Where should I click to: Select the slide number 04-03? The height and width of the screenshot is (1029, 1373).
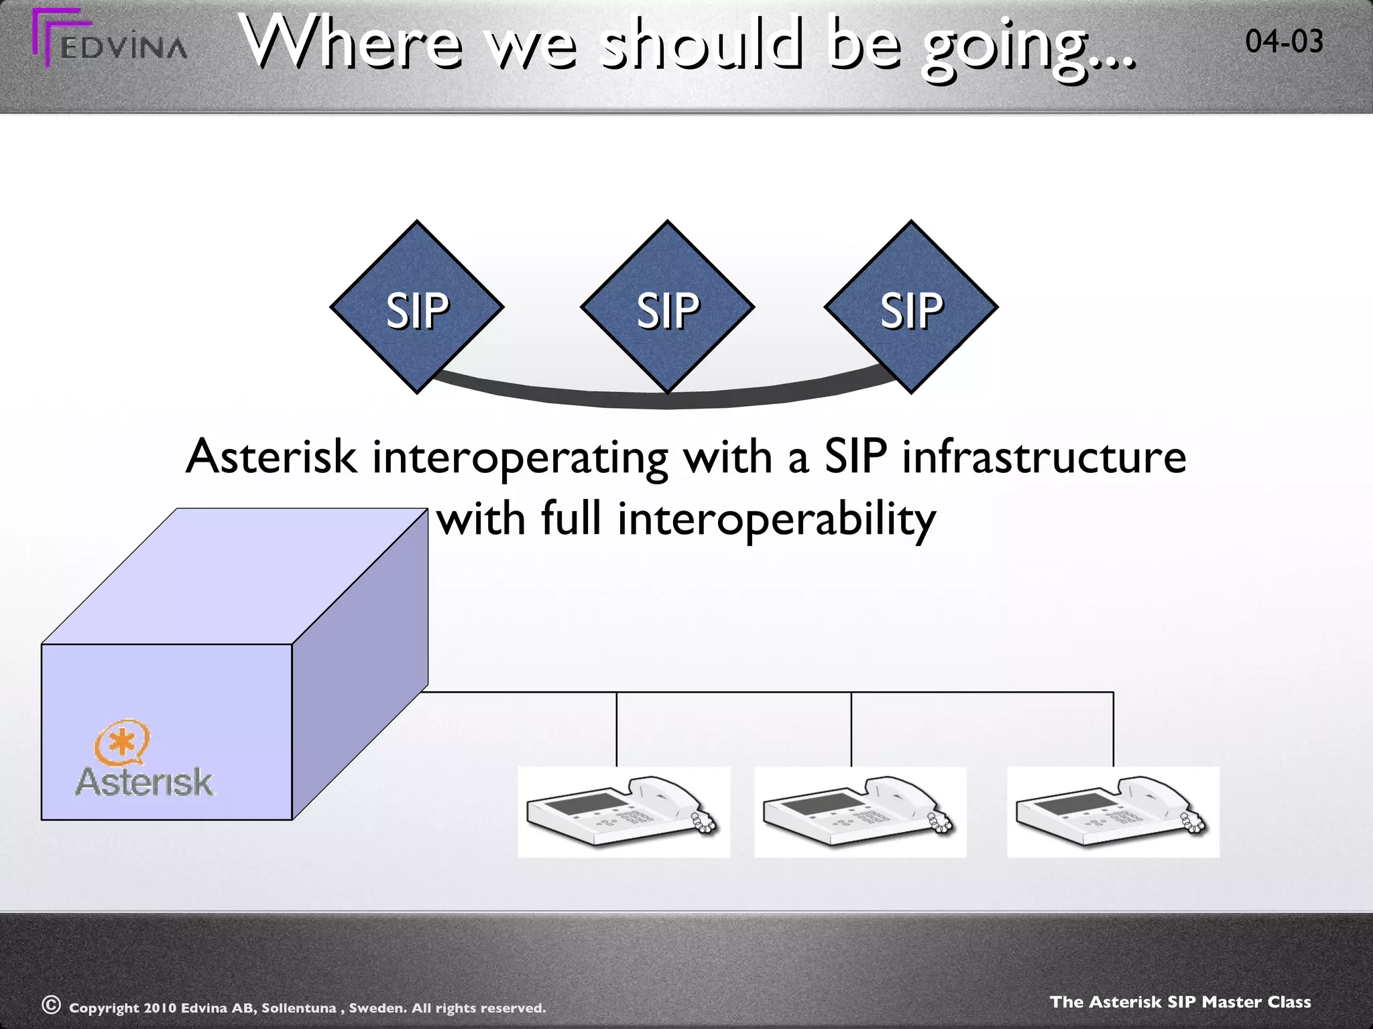(x=1284, y=42)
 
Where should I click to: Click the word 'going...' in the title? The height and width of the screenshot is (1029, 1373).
(x=1029, y=46)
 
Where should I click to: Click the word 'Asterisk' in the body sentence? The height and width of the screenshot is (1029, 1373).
(x=271, y=457)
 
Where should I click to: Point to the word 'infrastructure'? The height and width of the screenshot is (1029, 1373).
(x=1044, y=457)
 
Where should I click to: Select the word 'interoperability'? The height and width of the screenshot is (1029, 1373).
(x=776, y=519)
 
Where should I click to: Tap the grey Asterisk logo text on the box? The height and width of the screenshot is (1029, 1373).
(x=144, y=782)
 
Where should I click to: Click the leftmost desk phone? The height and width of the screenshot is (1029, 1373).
(x=623, y=812)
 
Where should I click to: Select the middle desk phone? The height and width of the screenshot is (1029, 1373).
(x=860, y=812)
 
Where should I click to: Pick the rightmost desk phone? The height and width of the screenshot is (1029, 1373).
(x=1113, y=812)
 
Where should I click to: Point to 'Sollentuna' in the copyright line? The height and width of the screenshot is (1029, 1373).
(x=298, y=1008)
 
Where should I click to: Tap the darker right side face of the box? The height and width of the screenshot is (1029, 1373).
(x=360, y=663)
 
